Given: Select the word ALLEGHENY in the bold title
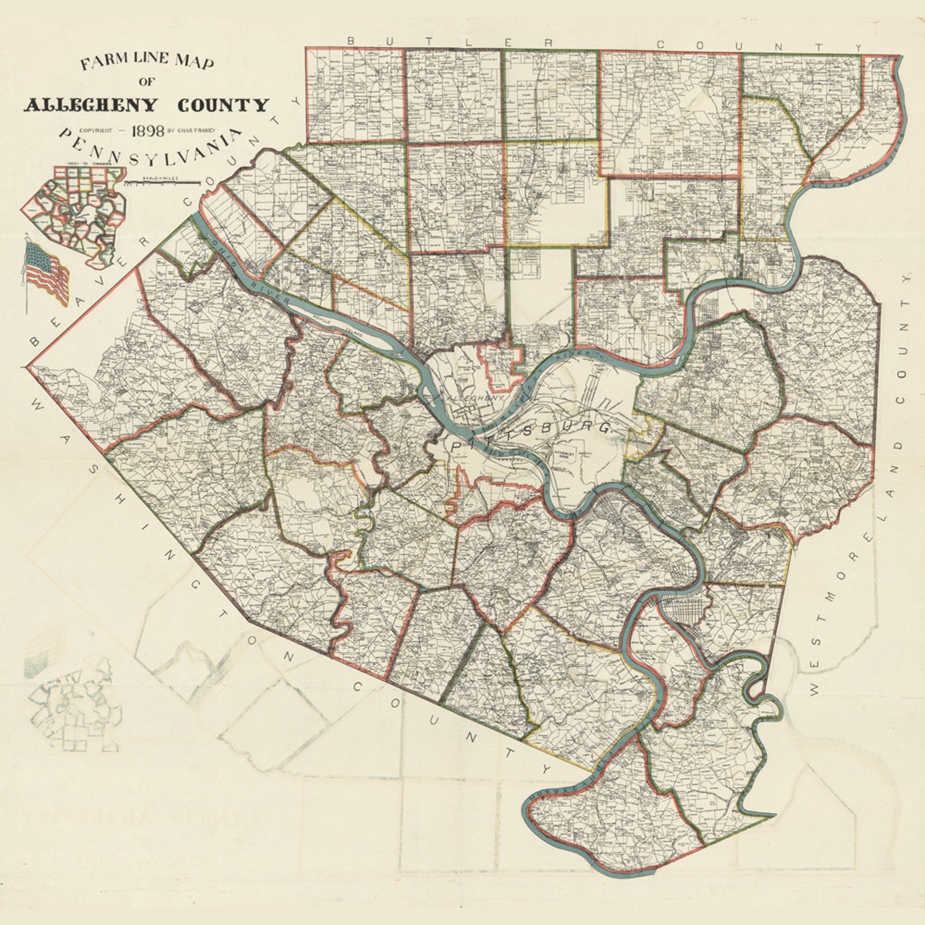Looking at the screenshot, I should point(90,105).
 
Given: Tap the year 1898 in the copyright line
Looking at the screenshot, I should point(147,130).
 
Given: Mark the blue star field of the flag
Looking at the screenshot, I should point(36,255).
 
